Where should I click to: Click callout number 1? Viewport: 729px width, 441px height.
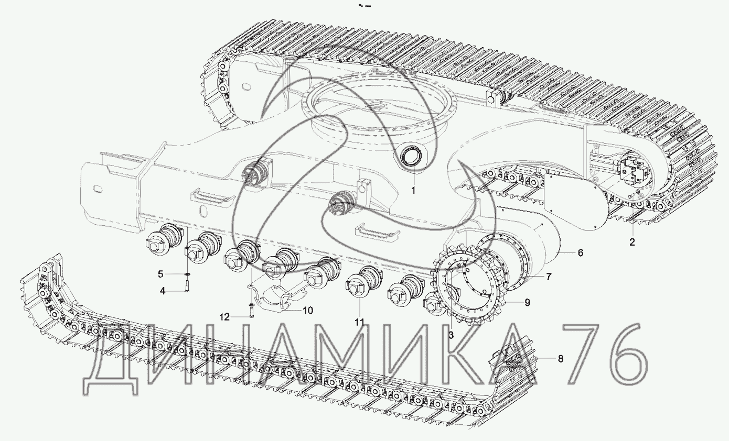[413, 191]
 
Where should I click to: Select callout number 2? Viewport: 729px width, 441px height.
[632, 242]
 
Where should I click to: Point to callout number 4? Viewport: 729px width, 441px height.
[163, 291]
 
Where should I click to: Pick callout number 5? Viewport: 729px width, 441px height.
[160, 274]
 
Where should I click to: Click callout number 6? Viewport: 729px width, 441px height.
[580, 252]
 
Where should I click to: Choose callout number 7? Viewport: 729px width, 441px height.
[549, 277]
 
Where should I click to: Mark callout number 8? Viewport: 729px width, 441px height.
[561, 358]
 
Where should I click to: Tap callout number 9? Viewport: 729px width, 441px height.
[528, 303]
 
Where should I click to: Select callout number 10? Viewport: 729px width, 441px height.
[308, 311]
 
